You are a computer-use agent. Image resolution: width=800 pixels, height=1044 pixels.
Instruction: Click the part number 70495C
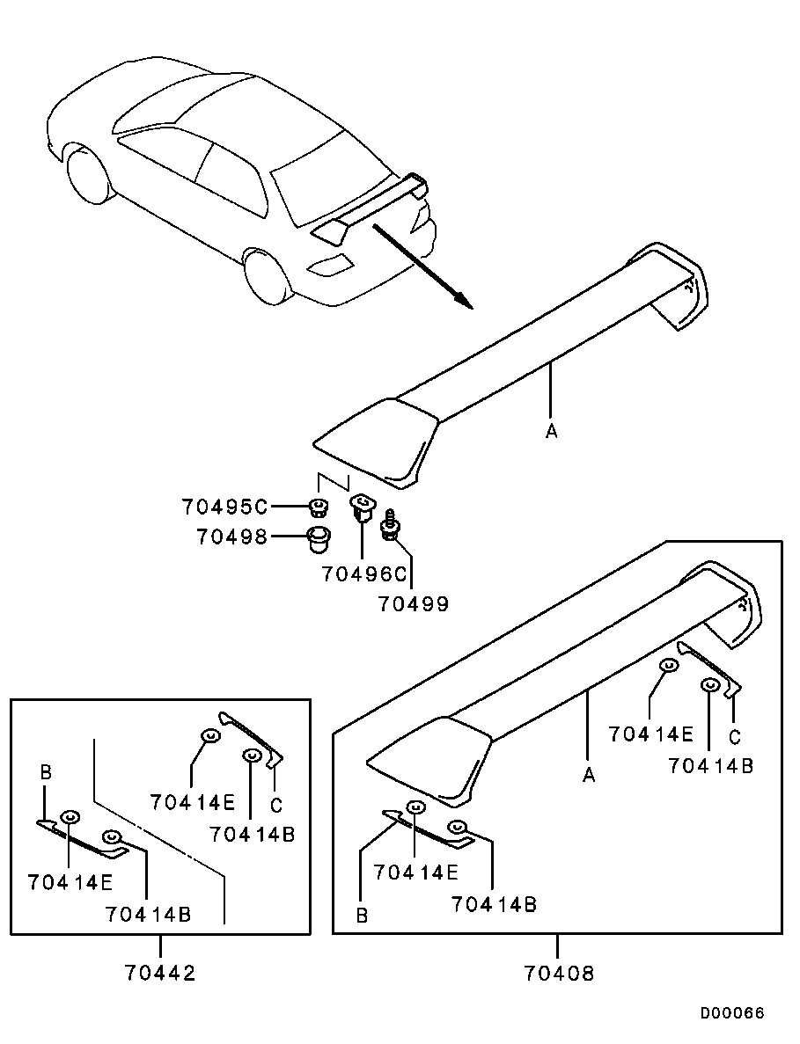224,507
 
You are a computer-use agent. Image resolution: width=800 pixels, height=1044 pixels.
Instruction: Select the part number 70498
231,536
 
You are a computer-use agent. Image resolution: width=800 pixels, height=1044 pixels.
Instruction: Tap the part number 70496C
364,574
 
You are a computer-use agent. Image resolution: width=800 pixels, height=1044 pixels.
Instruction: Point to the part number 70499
414,604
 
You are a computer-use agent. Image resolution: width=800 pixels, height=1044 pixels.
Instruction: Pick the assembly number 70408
559,973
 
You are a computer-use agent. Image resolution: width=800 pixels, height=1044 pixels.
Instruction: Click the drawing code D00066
732,1013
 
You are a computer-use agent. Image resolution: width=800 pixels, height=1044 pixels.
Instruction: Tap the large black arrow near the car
422,266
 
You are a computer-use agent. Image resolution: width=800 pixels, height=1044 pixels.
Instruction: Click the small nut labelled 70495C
318,507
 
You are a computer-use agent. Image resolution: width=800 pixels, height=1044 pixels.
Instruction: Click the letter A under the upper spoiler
552,431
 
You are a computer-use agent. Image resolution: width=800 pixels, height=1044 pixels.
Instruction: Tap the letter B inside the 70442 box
47,773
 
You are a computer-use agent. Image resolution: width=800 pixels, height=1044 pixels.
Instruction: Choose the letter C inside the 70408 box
735,736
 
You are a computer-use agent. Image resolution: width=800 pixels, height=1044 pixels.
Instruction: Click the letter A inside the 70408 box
589,775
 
